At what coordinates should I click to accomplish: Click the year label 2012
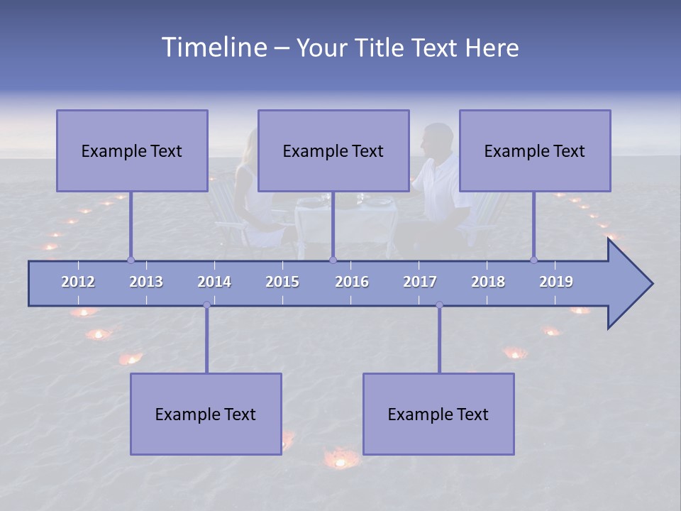[x=78, y=282]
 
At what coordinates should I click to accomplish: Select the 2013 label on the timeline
[x=146, y=282]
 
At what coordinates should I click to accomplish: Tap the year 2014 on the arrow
[x=214, y=282]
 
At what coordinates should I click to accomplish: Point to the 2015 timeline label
[x=282, y=282]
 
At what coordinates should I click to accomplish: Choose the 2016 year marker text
[x=352, y=282]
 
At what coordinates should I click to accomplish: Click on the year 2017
[x=420, y=282]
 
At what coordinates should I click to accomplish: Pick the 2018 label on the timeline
[x=488, y=282]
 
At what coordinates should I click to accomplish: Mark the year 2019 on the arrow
[x=556, y=282]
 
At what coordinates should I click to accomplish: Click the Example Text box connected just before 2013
[x=132, y=150]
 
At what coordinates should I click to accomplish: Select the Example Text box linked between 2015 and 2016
[x=333, y=150]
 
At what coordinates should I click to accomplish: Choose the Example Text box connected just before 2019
[x=535, y=150]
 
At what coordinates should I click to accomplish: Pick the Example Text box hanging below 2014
[x=206, y=414]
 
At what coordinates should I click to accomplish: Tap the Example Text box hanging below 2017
[x=438, y=414]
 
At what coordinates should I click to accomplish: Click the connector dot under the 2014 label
[x=206, y=304]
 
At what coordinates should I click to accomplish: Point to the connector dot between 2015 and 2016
[x=333, y=260]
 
